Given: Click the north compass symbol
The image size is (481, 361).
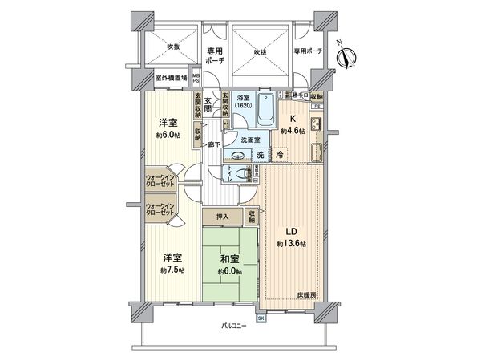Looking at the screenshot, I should [347, 55].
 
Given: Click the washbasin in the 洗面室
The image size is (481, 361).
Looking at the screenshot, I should [237, 154].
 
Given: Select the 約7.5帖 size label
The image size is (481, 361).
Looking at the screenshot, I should [172, 270].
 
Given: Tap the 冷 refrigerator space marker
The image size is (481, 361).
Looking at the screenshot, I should [280, 154].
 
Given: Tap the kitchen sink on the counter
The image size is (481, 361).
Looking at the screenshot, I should [314, 126].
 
